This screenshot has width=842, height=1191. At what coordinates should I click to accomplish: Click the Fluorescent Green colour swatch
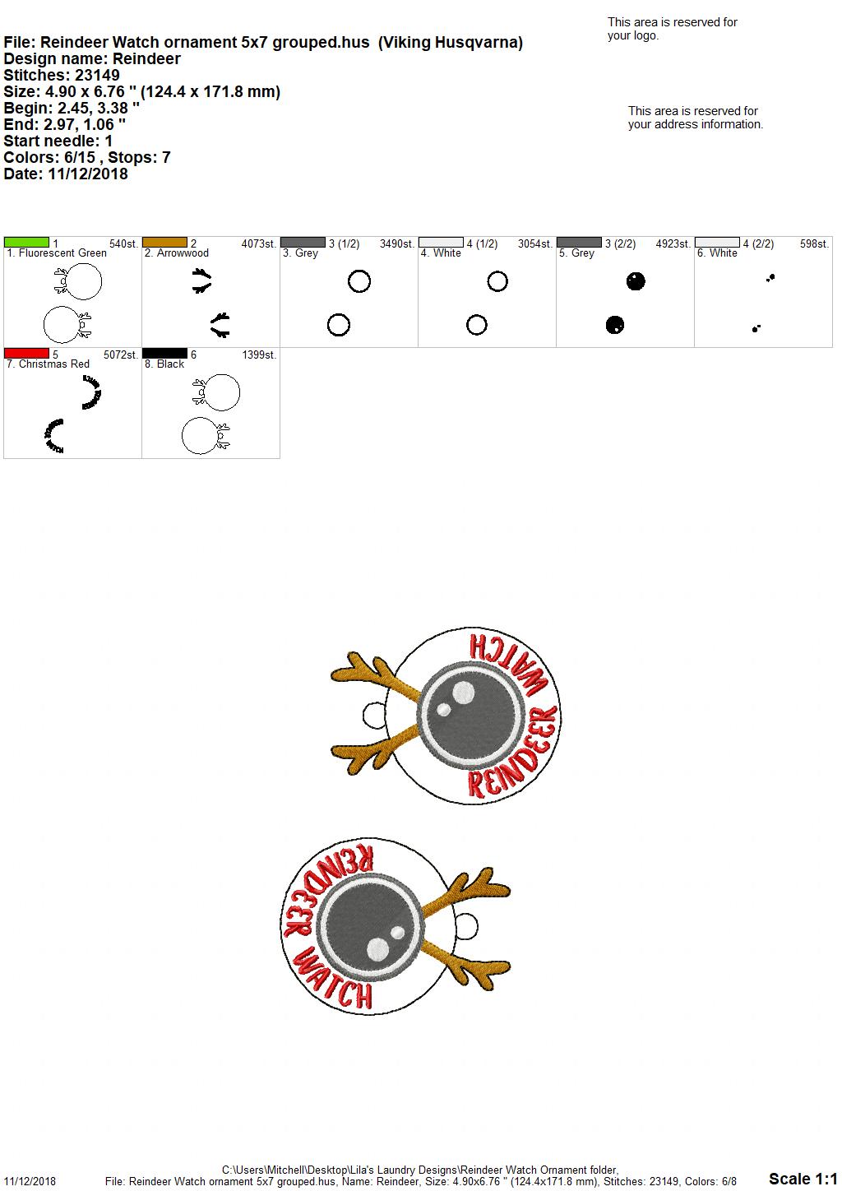(26, 243)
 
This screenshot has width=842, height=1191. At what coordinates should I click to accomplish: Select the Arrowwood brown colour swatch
(164, 243)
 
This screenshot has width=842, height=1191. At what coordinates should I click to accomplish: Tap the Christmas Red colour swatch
(26, 353)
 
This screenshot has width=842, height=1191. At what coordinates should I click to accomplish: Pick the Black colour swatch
(164, 353)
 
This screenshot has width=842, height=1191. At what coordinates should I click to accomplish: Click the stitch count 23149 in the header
(97, 75)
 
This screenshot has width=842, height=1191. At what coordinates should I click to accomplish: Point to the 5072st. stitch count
(121, 355)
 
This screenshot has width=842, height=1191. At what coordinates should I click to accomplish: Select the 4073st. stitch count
(259, 244)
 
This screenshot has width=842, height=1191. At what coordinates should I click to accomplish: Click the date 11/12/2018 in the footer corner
(30, 1181)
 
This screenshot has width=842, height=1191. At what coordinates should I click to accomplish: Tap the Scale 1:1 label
(803, 1179)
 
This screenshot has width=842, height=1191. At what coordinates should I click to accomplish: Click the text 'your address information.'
(696, 124)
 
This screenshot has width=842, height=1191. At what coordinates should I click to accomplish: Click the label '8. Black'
(164, 364)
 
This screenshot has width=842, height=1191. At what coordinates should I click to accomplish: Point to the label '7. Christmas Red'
(48, 364)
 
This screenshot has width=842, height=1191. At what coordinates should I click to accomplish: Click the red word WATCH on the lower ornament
(333, 980)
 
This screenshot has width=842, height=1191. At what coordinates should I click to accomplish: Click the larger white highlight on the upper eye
(463, 693)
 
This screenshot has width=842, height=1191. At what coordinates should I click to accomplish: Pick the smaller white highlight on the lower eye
(398, 933)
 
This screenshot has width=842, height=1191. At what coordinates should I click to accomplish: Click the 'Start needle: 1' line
(58, 141)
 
